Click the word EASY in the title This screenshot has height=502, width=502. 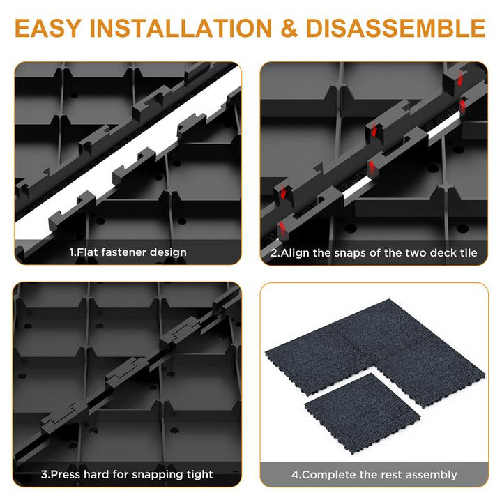(47, 28)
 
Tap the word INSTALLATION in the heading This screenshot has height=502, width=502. (181, 28)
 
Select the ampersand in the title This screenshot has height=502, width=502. (289, 28)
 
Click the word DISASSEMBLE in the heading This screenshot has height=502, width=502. (396, 28)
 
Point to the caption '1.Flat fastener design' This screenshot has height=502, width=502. (128, 252)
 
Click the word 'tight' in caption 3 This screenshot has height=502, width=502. (200, 475)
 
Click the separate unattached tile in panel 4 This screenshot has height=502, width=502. (362, 413)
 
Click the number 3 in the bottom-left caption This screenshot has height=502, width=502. (44, 474)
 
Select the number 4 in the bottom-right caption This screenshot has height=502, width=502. (295, 475)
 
